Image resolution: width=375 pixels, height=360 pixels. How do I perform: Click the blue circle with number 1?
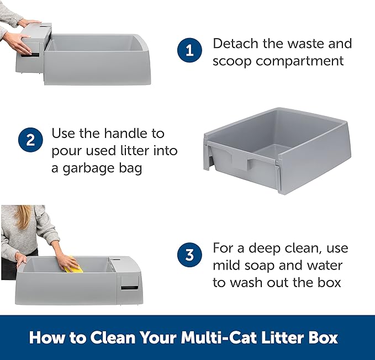(189, 50)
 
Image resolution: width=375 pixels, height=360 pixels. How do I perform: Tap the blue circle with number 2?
(30, 140)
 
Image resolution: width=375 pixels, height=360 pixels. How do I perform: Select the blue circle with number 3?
(189, 255)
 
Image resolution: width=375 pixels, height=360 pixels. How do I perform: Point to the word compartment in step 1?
(300, 61)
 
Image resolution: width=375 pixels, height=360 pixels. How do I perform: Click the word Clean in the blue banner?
(113, 337)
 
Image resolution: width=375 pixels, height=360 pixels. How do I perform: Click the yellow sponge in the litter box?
(73, 266)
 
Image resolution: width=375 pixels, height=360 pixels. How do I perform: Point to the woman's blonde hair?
(24, 216)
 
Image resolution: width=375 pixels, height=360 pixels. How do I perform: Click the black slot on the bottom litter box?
(129, 288)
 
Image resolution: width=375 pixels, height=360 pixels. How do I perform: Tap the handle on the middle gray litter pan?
(240, 161)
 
